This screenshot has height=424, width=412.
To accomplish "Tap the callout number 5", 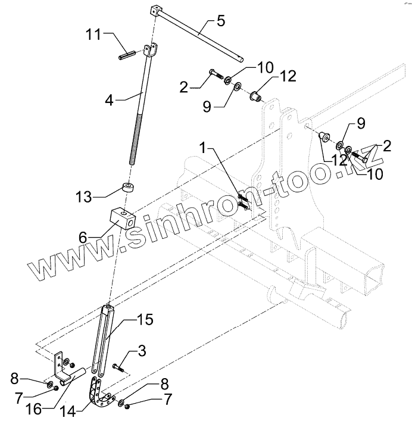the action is tap(220, 22).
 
